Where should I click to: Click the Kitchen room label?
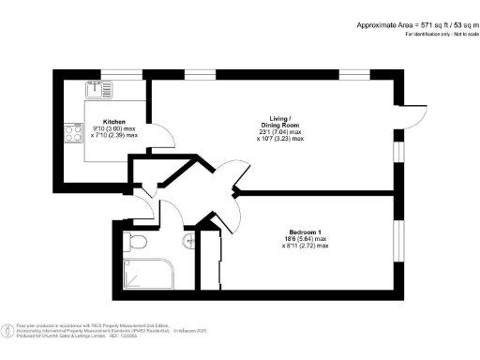[114, 122]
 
